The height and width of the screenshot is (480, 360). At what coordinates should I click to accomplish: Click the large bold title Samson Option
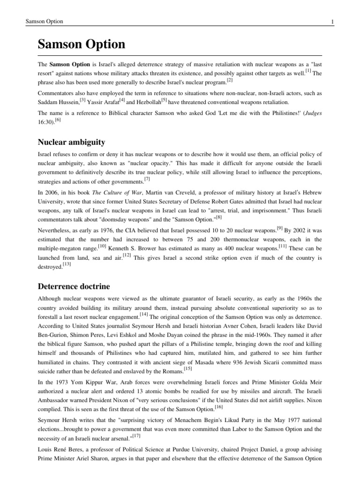tap(82, 45)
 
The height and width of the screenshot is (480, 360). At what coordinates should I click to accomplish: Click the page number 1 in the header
tap(332, 22)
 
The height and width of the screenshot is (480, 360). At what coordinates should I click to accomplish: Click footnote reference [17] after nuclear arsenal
tap(137, 435)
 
